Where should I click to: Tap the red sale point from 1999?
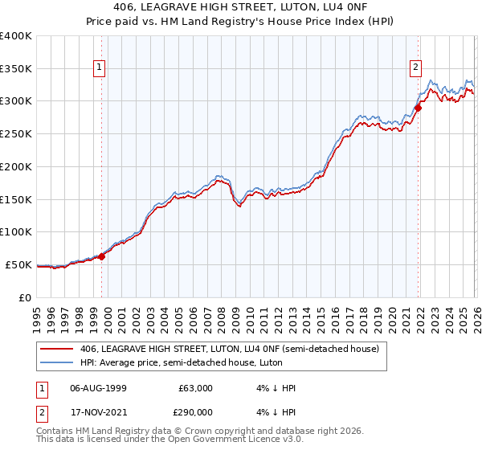pyautogui.click(x=101, y=257)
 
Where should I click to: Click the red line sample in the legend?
pyautogui.click(x=58, y=349)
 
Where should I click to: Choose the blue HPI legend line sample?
pyautogui.click(x=58, y=362)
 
